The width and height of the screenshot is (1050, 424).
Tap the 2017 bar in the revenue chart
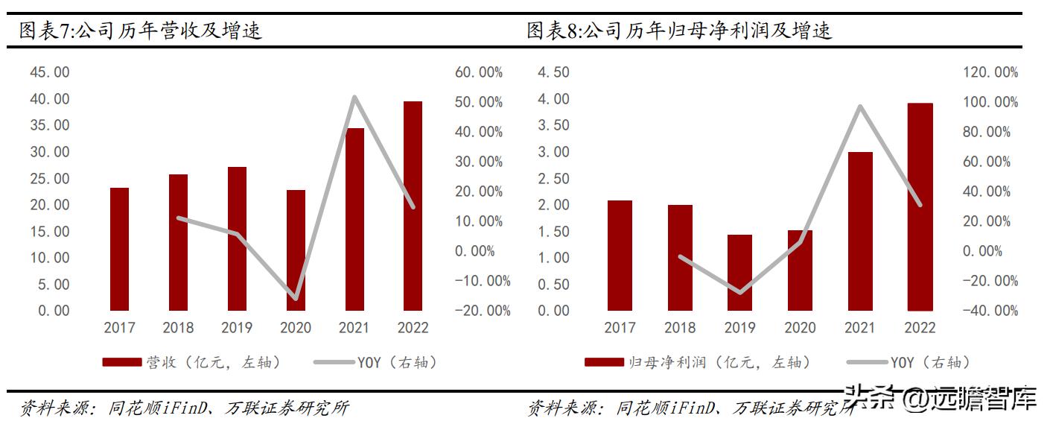[x=119, y=249]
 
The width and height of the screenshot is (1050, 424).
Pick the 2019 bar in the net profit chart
[x=739, y=273]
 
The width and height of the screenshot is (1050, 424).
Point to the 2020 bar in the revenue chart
[x=296, y=250]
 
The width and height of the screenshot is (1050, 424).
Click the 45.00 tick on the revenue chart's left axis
[x=49, y=72]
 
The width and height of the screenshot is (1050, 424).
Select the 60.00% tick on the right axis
[x=478, y=72]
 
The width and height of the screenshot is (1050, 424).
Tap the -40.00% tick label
[x=990, y=311]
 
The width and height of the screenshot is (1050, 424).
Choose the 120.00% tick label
[x=990, y=72]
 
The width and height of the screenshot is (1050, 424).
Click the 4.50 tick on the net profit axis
[x=553, y=72]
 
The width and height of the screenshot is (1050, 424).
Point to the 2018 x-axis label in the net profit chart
[x=680, y=328]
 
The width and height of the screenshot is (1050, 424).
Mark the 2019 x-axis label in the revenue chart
[x=237, y=328]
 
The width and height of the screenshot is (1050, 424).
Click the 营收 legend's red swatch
[x=121, y=362]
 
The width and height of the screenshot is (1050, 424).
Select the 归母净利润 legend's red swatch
[x=604, y=362]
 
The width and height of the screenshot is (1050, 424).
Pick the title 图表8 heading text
[x=679, y=31]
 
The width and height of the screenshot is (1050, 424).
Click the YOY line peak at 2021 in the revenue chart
[x=354, y=97]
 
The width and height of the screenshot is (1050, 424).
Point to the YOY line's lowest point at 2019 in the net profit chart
[x=739, y=292]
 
